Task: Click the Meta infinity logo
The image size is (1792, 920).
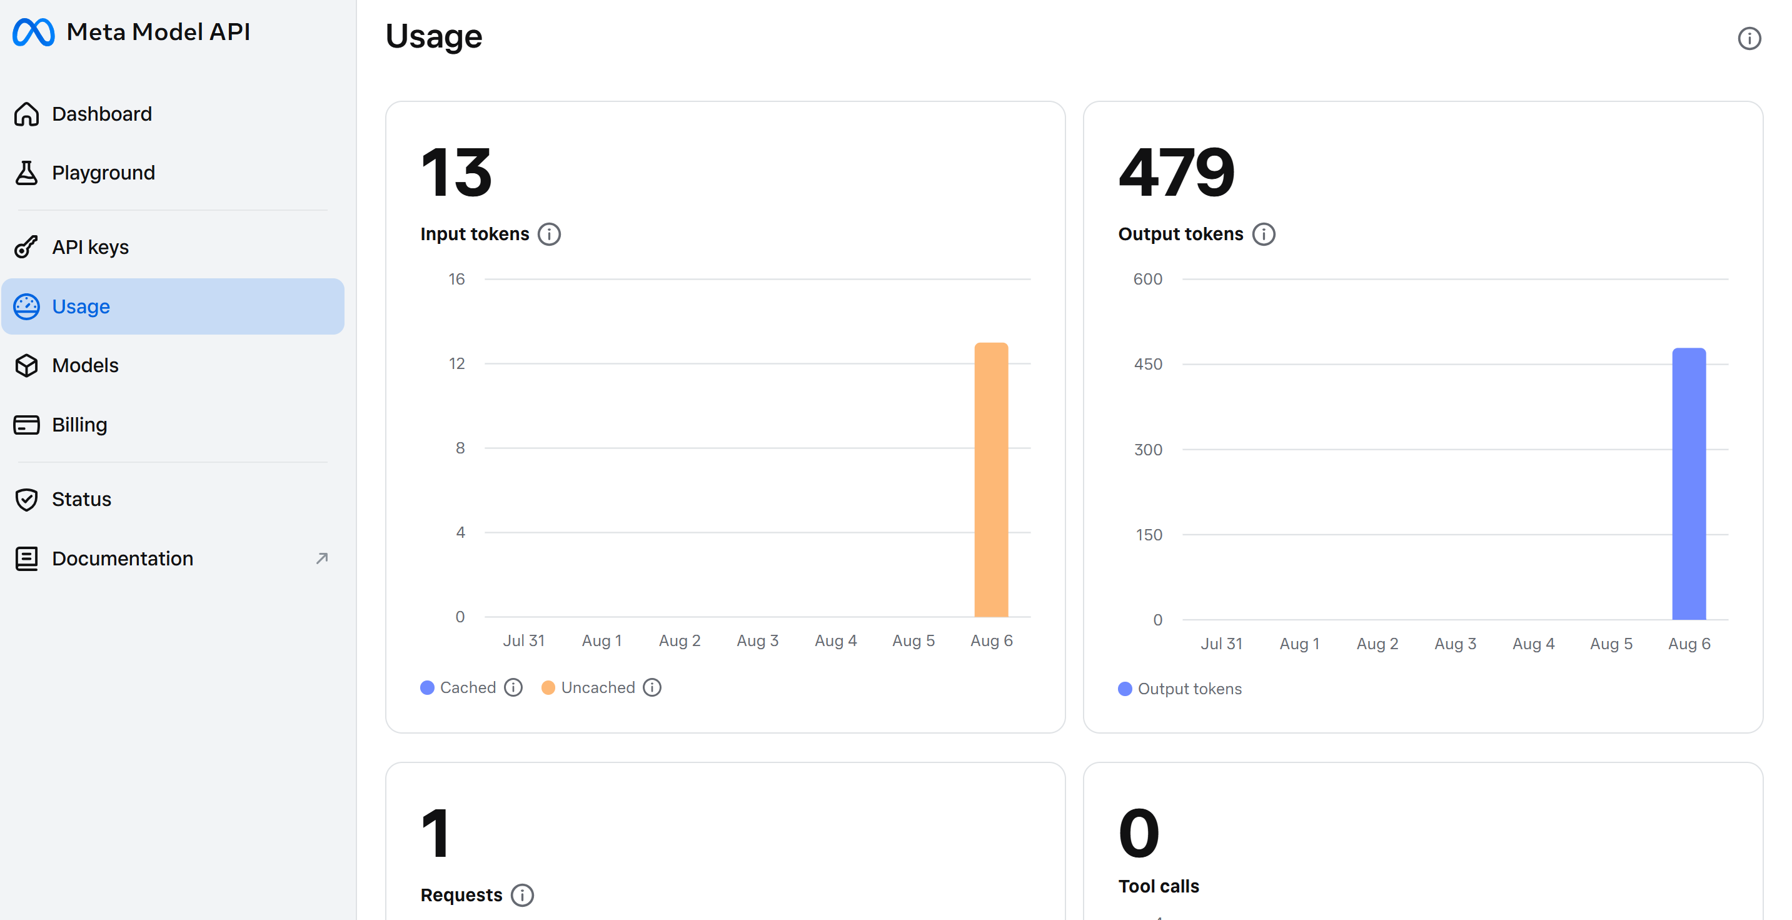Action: [x=33, y=32]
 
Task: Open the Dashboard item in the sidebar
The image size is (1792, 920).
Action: [x=101, y=114]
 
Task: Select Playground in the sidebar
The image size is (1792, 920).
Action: [x=103, y=173]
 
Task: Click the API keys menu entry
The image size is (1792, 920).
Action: [x=91, y=247]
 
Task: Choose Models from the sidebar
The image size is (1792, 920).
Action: [x=85, y=365]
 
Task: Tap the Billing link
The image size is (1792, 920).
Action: [x=79, y=425]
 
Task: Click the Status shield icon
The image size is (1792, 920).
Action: [x=26, y=499]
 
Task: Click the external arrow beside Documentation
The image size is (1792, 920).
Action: [x=321, y=558]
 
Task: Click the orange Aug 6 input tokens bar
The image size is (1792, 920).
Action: [x=990, y=480]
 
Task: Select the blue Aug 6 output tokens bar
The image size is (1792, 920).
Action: [x=1688, y=483]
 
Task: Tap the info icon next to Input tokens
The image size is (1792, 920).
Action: [x=549, y=235]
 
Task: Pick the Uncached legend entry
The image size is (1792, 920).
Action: [x=598, y=687]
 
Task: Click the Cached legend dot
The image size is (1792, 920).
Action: [x=427, y=687]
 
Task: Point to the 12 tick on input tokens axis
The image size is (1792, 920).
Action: [x=456, y=363]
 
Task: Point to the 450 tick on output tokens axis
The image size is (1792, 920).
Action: [x=1148, y=364]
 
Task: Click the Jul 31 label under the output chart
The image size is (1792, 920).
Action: [x=1221, y=644]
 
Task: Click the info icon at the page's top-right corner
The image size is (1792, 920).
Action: [x=1749, y=38]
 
